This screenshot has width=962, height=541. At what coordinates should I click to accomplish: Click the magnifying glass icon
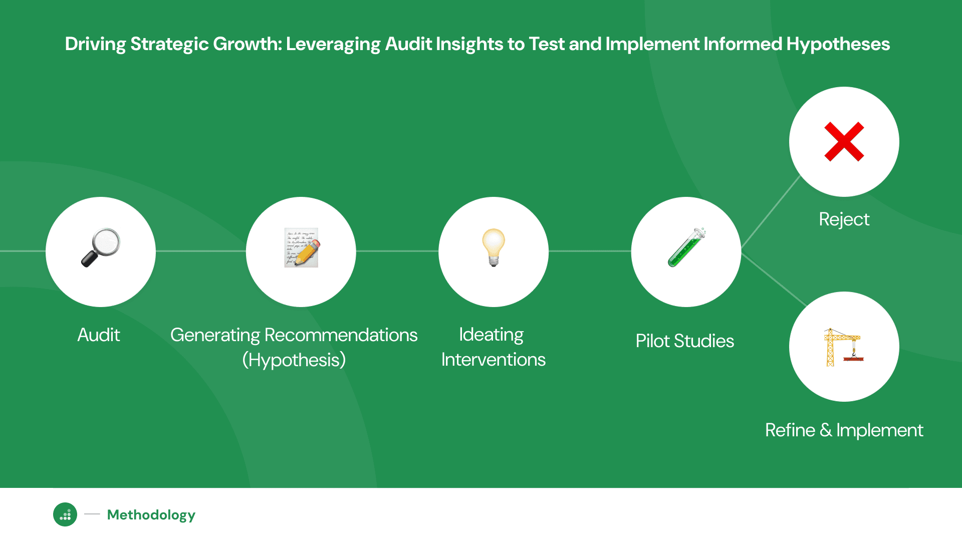[x=101, y=247]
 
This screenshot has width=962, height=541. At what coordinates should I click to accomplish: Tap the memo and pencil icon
[x=302, y=247]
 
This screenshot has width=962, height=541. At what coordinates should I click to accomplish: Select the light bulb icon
[x=494, y=247]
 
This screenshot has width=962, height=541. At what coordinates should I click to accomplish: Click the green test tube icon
[x=686, y=247]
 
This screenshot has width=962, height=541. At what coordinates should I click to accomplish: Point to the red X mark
[x=844, y=142]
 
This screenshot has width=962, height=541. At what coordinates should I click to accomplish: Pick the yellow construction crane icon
[x=844, y=347]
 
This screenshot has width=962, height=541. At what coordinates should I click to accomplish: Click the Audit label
[x=99, y=335]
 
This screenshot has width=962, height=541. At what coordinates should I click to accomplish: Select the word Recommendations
[x=341, y=335]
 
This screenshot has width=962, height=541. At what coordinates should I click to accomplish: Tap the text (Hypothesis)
[x=294, y=360]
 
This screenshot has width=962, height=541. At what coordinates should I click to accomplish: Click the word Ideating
[x=491, y=335]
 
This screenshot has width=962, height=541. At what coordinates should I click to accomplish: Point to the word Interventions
[x=494, y=360]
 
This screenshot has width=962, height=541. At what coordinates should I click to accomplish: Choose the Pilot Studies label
[x=684, y=341]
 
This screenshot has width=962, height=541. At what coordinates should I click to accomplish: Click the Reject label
[x=844, y=219]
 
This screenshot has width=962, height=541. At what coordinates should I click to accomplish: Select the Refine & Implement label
[x=844, y=430]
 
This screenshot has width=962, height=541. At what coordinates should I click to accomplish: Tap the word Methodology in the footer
[x=151, y=515]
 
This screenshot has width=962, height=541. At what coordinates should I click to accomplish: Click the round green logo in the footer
[x=65, y=514]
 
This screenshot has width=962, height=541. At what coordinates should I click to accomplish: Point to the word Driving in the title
[x=95, y=44]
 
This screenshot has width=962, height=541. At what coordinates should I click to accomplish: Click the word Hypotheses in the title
[x=838, y=44]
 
